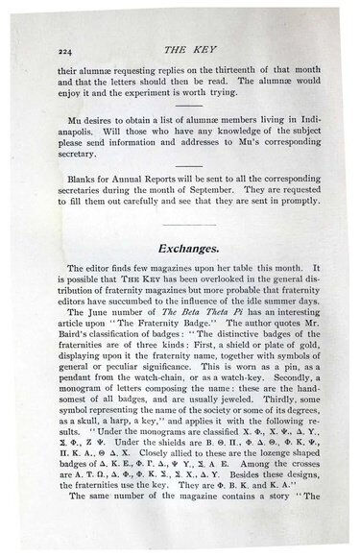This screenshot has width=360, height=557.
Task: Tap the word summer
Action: (272, 296)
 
